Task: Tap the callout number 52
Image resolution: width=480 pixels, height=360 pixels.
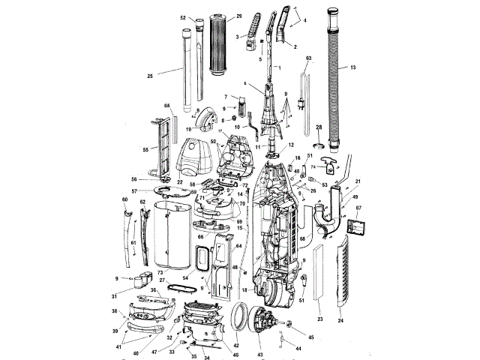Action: (183, 17)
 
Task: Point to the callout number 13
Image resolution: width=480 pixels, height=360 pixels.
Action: (352, 67)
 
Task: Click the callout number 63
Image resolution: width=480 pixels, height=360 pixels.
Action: (308, 58)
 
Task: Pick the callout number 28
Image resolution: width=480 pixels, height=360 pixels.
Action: (318, 127)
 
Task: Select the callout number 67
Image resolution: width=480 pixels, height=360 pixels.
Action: (358, 208)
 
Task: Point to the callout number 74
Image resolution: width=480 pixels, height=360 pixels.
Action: (313, 166)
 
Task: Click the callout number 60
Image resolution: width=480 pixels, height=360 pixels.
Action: (124, 199)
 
